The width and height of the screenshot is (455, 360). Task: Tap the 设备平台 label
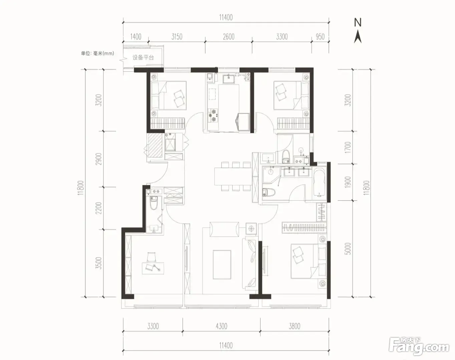click(x=143, y=57)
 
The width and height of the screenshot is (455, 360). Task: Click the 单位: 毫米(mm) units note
click(x=97, y=53)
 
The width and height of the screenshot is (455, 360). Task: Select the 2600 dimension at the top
click(x=229, y=37)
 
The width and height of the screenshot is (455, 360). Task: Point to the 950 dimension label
click(x=320, y=37)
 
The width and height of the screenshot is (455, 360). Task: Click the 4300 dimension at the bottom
click(x=221, y=326)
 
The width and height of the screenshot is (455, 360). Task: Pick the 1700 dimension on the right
click(x=348, y=147)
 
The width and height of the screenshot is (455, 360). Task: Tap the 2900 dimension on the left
click(x=98, y=159)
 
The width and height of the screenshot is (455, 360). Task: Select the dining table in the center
click(x=233, y=176)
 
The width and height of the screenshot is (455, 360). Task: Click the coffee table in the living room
click(x=222, y=265)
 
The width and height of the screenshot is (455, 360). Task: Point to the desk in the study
click(x=153, y=268)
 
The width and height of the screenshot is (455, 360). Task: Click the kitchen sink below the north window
click(x=229, y=79)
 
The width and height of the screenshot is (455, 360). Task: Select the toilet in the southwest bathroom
click(x=153, y=203)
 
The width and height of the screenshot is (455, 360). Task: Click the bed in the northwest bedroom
click(x=169, y=95)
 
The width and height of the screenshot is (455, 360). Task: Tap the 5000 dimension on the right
click(x=348, y=249)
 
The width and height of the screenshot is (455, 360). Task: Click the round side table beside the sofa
click(x=251, y=228)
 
